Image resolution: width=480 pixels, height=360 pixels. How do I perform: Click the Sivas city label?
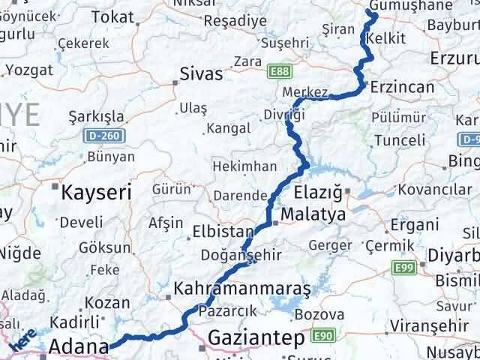tap(201, 74)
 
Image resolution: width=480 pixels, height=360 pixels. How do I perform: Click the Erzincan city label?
tap(401, 88)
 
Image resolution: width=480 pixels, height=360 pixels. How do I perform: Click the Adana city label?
tap(78, 348)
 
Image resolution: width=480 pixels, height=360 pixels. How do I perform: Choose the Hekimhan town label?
tap(244, 166)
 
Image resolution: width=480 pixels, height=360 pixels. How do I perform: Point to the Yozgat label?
tap(28, 70)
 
